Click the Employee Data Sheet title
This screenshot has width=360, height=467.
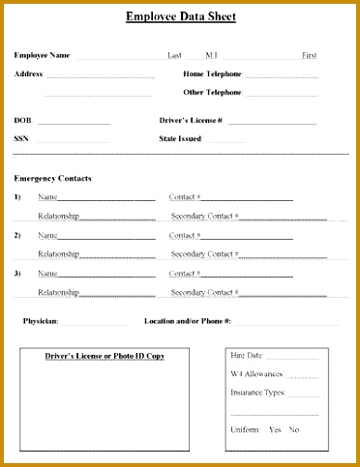tap(180, 16)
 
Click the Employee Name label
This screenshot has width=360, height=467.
tap(42, 55)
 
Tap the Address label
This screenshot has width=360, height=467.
tap(28, 73)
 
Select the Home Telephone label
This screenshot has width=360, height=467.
tap(212, 73)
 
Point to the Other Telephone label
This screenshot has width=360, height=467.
tap(212, 92)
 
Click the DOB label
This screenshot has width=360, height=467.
tap(22, 121)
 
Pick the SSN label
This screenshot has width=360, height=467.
tap(21, 138)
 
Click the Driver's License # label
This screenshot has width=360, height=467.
tap(191, 121)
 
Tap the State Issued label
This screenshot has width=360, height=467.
tap(180, 138)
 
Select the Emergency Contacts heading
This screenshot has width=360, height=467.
tap(52, 178)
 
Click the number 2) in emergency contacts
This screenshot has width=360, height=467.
tap(17, 235)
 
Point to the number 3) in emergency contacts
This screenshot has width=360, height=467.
tap(17, 274)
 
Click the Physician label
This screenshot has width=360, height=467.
tap(41, 320)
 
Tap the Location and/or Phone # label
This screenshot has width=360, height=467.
tap(188, 320)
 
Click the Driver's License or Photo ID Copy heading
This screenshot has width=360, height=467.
tap(105, 356)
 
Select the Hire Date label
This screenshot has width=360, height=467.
tap(246, 356)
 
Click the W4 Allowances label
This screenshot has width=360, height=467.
tap(256, 373)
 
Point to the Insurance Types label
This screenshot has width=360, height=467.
tap(257, 393)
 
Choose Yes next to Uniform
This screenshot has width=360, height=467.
tap(275, 429)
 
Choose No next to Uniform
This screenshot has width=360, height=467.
tap(294, 429)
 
